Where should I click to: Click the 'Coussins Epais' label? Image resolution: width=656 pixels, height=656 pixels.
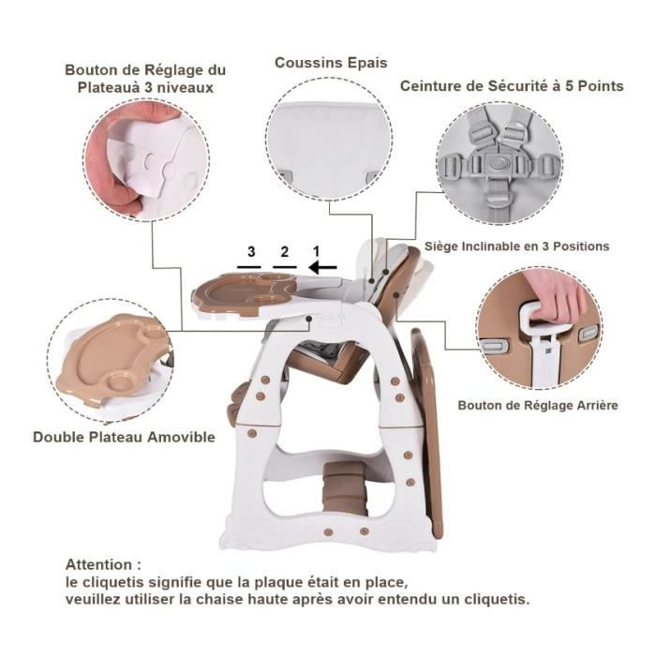[331, 63]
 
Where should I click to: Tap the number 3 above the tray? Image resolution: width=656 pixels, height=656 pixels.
[251, 252]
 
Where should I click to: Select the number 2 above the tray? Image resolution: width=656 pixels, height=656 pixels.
[285, 252]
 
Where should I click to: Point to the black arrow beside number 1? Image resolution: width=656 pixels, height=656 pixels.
[322, 267]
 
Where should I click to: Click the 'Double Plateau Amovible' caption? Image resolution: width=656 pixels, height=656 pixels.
[124, 438]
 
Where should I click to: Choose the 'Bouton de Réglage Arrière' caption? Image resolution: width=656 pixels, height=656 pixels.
[538, 406]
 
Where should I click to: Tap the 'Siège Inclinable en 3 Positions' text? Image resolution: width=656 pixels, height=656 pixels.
[516, 246]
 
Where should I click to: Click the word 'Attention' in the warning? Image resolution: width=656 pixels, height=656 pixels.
[98, 565]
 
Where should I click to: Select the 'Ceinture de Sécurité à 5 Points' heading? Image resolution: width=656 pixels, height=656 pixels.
[512, 86]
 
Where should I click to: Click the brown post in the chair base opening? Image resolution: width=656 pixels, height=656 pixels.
[344, 488]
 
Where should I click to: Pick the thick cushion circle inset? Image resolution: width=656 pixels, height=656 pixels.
[329, 139]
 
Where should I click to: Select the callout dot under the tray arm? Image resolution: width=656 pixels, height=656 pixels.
[309, 319]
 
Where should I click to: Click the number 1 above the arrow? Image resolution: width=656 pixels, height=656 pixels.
[317, 251]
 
